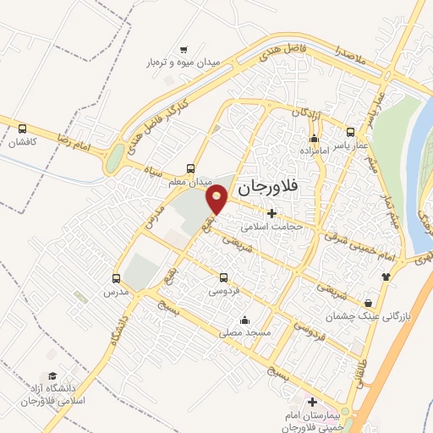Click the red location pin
tap(217, 200)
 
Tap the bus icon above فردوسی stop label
tap(224, 277)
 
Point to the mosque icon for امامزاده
tap(314, 139)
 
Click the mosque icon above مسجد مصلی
tap(245, 321)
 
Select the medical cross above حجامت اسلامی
tap(271, 214)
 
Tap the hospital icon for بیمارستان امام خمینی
tap(312, 403)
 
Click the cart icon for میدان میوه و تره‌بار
tap(184, 51)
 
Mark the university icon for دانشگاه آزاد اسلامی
tap(52, 376)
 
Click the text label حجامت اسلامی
tap(271, 227)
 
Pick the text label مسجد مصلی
tap(245, 333)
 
